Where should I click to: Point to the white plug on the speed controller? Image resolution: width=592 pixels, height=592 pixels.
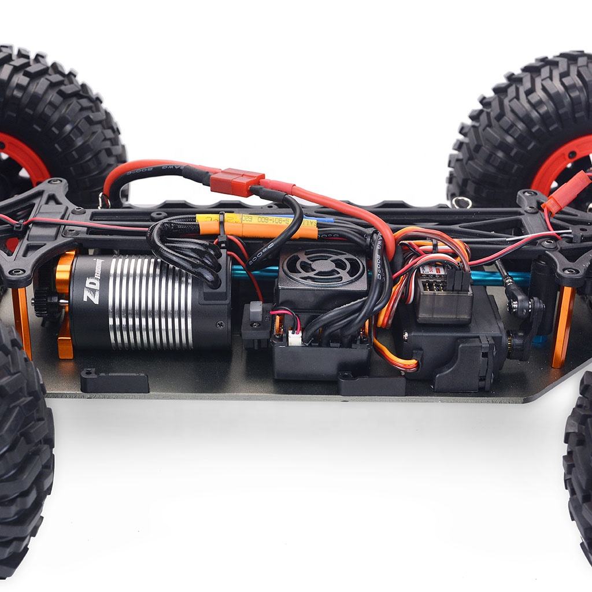pos(295,339)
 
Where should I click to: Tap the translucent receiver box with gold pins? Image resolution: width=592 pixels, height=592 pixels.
pos(442,294)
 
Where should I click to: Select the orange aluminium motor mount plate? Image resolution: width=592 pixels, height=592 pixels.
pos(65,306)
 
